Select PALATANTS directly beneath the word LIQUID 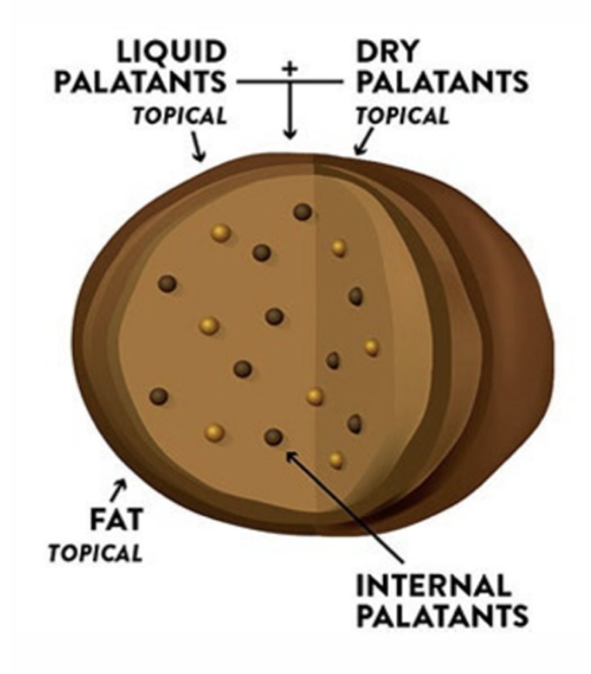pyautogui.click(x=140, y=82)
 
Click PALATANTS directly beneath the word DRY pyautogui.click(x=443, y=82)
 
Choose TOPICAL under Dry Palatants pyautogui.click(x=403, y=116)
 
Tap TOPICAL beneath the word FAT pyautogui.click(x=94, y=553)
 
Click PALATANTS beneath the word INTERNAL pyautogui.click(x=443, y=616)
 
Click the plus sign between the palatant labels pyautogui.click(x=289, y=69)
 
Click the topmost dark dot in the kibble pyautogui.click(x=303, y=212)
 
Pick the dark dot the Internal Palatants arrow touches pyautogui.click(x=273, y=436)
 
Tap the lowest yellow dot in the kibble pyautogui.click(x=336, y=461)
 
